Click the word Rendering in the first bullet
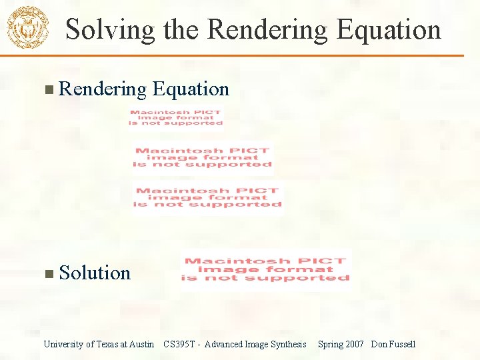[102, 89]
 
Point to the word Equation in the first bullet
[191, 89]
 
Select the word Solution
[95, 273]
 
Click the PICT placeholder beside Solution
[265, 269]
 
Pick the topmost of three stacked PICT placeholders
[176, 117]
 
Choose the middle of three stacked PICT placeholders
[203, 157]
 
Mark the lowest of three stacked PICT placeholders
[207, 197]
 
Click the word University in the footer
[63, 344]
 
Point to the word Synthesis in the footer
[287, 344]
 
